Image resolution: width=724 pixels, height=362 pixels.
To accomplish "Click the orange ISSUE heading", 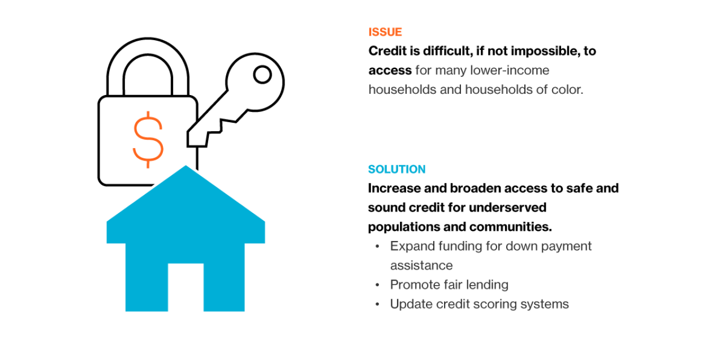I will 385,32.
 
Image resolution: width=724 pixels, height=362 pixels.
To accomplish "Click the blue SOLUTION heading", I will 397,169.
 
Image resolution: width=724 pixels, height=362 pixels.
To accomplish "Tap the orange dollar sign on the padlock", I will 148,139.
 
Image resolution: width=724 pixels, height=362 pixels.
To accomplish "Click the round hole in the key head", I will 262,74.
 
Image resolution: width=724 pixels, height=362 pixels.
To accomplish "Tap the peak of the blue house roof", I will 186,169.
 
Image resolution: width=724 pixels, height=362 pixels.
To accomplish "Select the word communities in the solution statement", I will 510,226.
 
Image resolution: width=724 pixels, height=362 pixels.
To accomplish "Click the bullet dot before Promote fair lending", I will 377,285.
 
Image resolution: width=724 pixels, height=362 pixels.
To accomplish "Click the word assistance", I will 421,265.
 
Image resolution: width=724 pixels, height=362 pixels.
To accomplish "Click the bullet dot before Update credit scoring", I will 377,304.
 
